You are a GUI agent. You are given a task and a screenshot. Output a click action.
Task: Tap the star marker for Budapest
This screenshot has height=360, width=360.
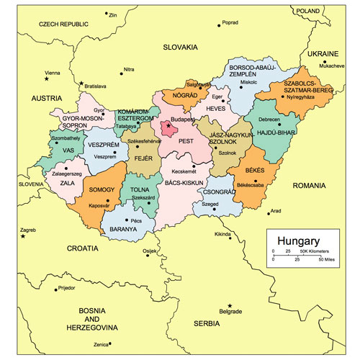coord(169,126)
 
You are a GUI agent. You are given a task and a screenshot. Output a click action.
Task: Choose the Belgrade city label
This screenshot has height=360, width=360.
coord(230,311)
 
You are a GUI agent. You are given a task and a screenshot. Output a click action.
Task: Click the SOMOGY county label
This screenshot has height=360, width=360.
coord(102,189)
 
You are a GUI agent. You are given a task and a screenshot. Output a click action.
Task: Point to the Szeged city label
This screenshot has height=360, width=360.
coord(210,204)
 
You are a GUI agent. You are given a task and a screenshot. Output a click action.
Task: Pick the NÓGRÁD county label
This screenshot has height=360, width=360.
coord(179,95)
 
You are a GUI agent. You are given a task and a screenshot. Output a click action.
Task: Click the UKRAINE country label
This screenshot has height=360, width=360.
coord(323,54)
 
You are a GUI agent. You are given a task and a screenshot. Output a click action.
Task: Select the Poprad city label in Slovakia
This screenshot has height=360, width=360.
coord(230,22)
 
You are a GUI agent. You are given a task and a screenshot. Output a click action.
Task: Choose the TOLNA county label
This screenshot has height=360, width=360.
coord(140,189)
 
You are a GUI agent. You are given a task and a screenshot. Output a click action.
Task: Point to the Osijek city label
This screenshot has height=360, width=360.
coord(150,251)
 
